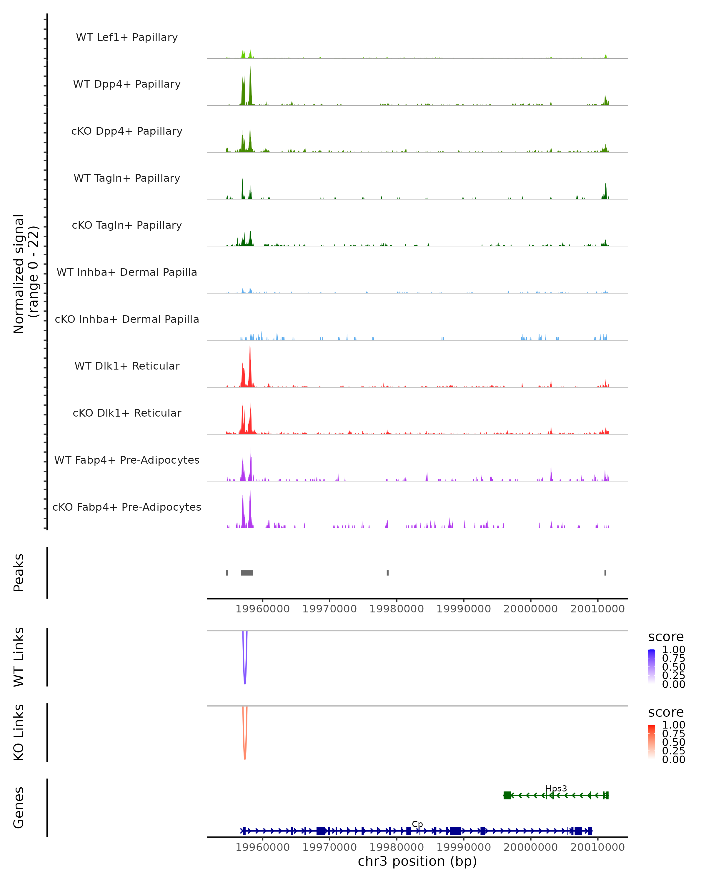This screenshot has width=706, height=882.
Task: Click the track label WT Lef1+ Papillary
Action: click(x=127, y=37)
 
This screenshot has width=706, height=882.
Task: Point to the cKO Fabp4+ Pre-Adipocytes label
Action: click(x=127, y=507)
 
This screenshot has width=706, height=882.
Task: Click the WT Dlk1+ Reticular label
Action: click(x=127, y=366)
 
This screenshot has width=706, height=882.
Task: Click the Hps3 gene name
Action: click(x=556, y=789)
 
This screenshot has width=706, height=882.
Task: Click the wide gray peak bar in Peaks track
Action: click(x=247, y=573)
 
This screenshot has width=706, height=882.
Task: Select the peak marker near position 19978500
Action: click(x=388, y=573)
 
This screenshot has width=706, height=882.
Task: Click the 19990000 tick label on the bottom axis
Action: click(x=464, y=847)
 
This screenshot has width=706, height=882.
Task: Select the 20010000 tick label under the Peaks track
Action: click(x=597, y=609)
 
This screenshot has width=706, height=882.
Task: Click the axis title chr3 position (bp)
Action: click(x=417, y=861)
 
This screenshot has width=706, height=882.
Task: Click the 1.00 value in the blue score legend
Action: click(x=674, y=650)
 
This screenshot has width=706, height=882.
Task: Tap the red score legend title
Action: click(x=666, y=712)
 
